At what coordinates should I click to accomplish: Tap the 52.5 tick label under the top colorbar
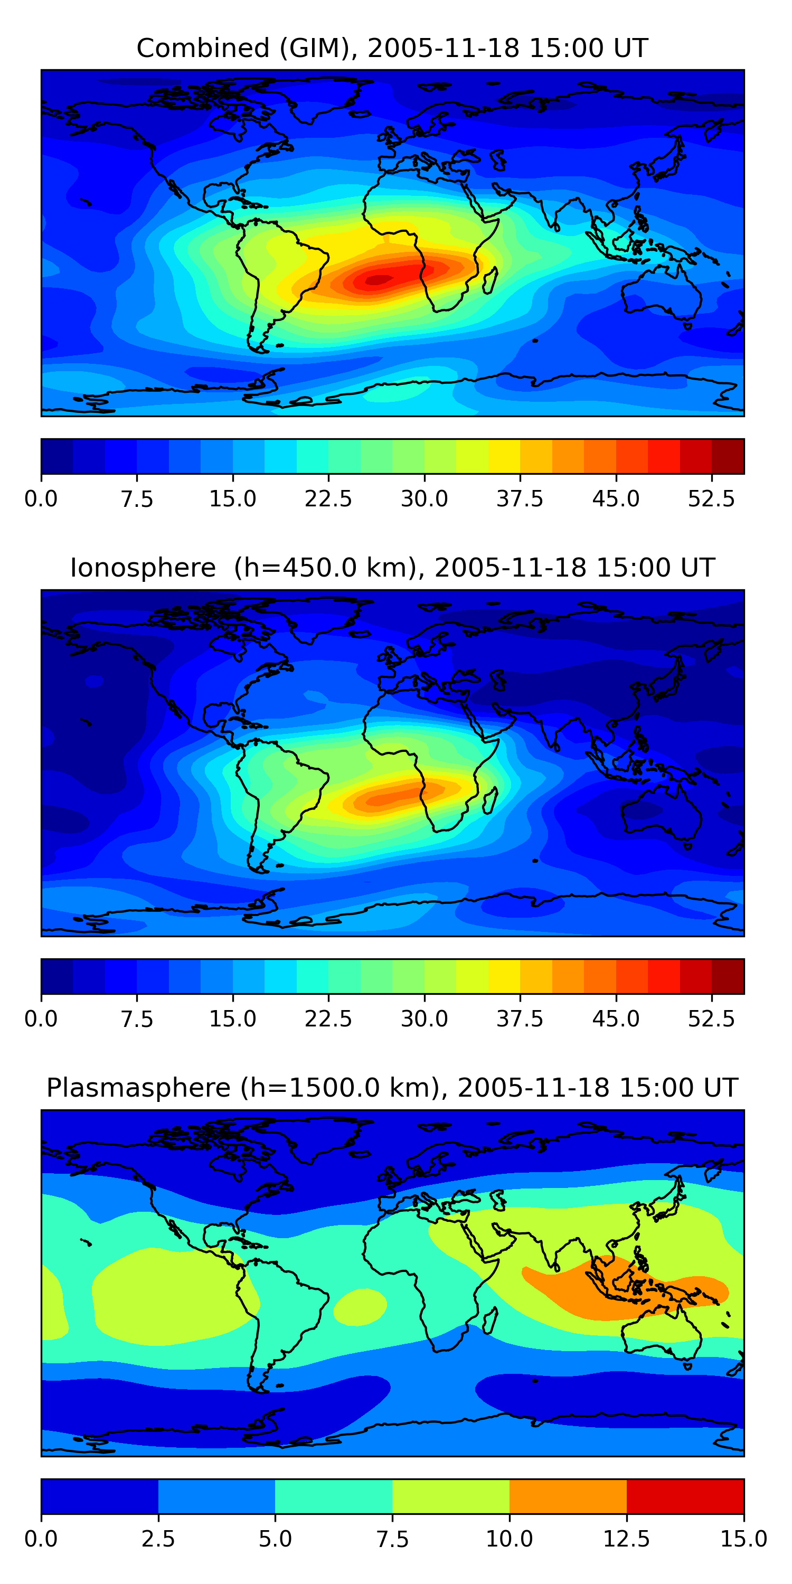click(x=711, y=498)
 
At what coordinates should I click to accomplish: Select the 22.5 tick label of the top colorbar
click(x=328, y=498)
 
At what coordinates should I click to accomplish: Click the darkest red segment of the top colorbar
click(x=728, y=456)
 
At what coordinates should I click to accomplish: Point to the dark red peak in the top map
click(x=380, y=280)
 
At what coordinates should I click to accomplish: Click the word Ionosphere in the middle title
click(x=143, y=568)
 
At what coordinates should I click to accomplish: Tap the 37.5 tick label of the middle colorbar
click(x=520, y=1019)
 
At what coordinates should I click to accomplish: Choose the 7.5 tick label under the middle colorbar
click(x=137, y=1019)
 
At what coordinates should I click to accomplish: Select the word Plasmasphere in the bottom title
click(x=138, y=1088)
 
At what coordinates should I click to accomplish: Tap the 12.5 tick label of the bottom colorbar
click(x=627, y=1539)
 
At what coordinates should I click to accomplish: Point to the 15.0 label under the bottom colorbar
click(x=743, y=1539)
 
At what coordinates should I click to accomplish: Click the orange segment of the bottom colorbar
click(x=568, y=1496)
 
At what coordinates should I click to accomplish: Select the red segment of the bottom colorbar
click(x=685, y=1496)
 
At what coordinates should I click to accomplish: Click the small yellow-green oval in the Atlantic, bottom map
click(x=360, y=1307)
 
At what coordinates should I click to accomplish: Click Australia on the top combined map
click(x=661, y=295)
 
